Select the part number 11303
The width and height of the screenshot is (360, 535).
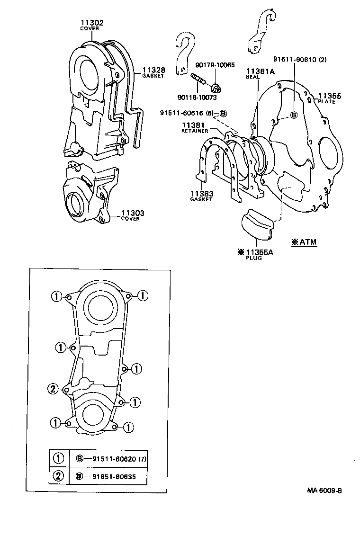[x=133, y=214]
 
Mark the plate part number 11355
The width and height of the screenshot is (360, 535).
[x=330, y=96]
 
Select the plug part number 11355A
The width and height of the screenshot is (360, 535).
[x=259, y=252]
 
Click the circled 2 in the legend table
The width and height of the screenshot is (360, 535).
[x=59, y=476]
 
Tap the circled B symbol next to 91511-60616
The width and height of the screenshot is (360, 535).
[x=224, y=113]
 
